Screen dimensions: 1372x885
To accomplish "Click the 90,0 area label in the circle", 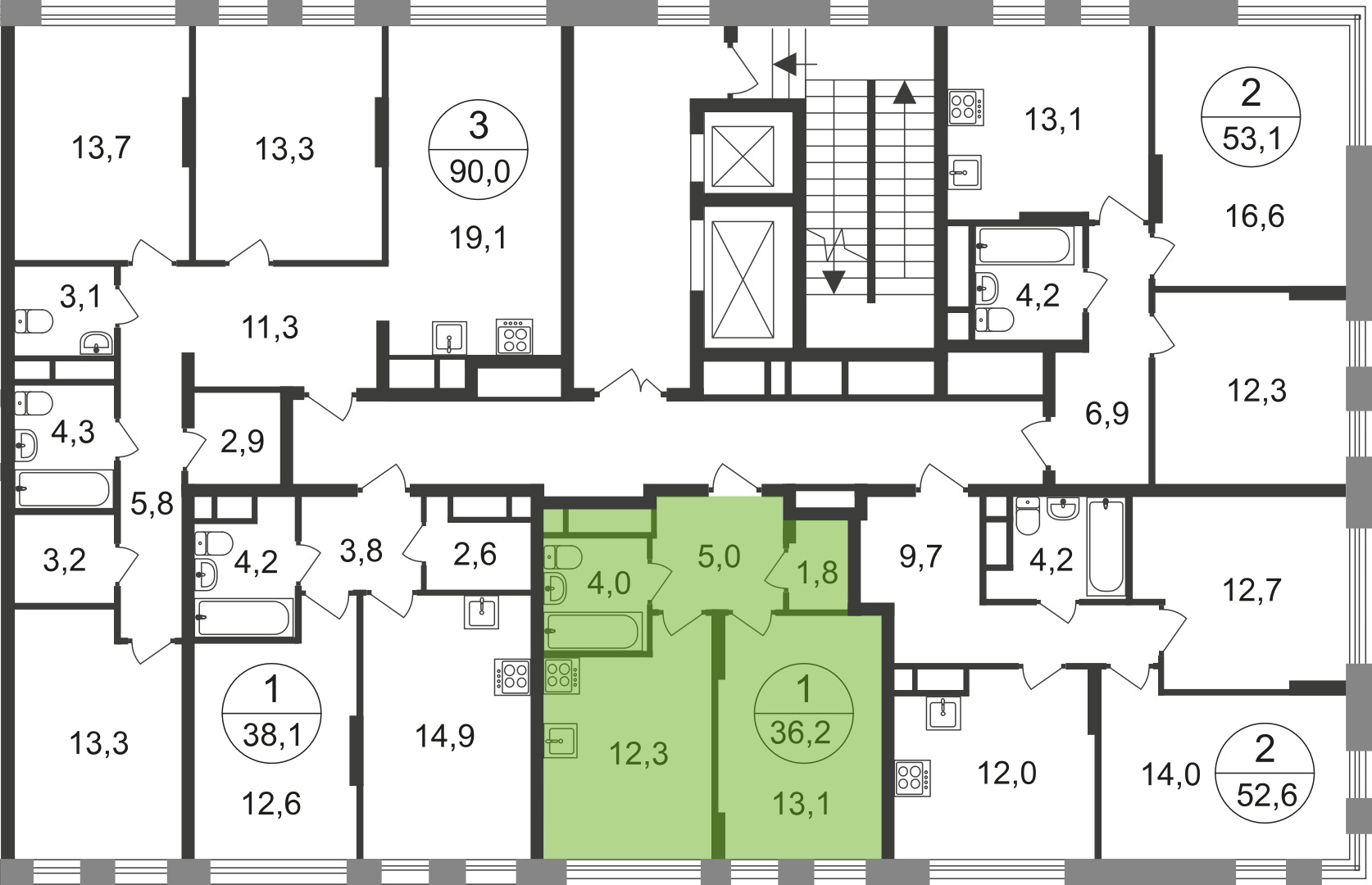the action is click(x=479, y=172).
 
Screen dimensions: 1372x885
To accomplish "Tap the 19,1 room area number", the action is click(x=479, y=238).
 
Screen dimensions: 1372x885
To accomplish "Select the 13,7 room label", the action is click(x=101, y=148).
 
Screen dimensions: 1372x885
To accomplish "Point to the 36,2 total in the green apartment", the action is click(x=801, y=733).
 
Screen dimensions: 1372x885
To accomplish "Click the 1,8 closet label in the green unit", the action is click(x=817, y=573).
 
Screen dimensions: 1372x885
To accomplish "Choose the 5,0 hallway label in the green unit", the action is click(x=719, y=556).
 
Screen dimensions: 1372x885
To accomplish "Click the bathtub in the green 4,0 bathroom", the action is click(x=593, y=631).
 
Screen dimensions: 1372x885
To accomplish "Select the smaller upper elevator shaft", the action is click(x=743, y=157).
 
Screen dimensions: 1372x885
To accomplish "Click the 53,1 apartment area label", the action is click(x=1252, y=140).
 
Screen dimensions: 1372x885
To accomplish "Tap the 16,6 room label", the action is click(x=1255, y=217).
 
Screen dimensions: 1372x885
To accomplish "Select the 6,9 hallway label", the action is click(x=1106, y=414).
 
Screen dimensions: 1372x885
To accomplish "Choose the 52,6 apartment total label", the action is click(x=1266, y=796).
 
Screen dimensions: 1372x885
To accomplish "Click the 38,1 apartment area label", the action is click(x=272, y=734).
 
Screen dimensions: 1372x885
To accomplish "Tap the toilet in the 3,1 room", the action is click(x=34, y=321).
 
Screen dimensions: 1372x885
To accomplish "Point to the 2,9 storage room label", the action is click(x=242, y=442).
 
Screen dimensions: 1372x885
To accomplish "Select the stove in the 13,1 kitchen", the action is click(x=966, y=107).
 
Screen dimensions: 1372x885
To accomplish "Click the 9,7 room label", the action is click(x=920, y=557).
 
